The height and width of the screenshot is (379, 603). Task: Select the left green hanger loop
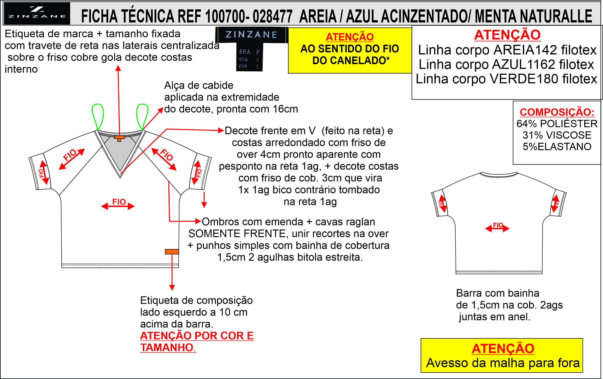pos(97,117)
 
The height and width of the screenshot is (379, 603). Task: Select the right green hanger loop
pos(142,117)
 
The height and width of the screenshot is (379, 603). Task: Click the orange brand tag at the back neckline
pos(119,138)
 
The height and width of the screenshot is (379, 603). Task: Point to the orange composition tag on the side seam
pos(172,252)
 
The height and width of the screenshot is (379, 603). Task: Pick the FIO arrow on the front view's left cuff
pos(44,173)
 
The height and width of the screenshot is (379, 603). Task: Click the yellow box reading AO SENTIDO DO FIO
pos(350,50)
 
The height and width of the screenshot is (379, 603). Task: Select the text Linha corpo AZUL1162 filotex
pos(506,64)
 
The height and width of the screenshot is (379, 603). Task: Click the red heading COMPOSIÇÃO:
pos(557,112)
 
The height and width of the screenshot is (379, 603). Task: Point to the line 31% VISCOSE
pos(557,135)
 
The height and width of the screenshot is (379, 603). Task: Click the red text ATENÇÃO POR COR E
pos(197,336)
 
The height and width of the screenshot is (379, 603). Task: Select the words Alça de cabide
pos(199,85)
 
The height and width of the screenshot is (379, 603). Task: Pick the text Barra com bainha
pos(498,293)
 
